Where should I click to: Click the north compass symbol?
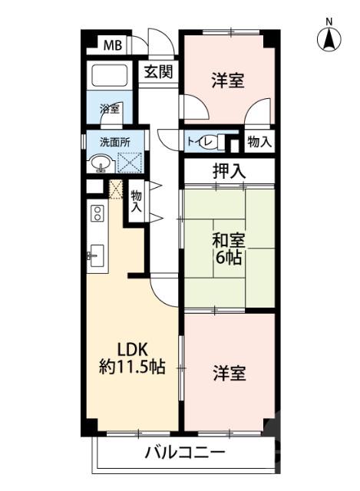329,38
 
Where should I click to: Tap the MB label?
113,44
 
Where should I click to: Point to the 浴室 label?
110,108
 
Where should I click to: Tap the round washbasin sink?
99,163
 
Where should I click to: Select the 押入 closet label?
228,171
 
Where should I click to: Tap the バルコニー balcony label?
185,452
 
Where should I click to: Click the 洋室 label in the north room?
228,80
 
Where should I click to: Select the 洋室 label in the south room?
229,374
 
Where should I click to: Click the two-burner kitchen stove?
98,213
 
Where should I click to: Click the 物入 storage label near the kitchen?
137,201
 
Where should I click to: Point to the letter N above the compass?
329,21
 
